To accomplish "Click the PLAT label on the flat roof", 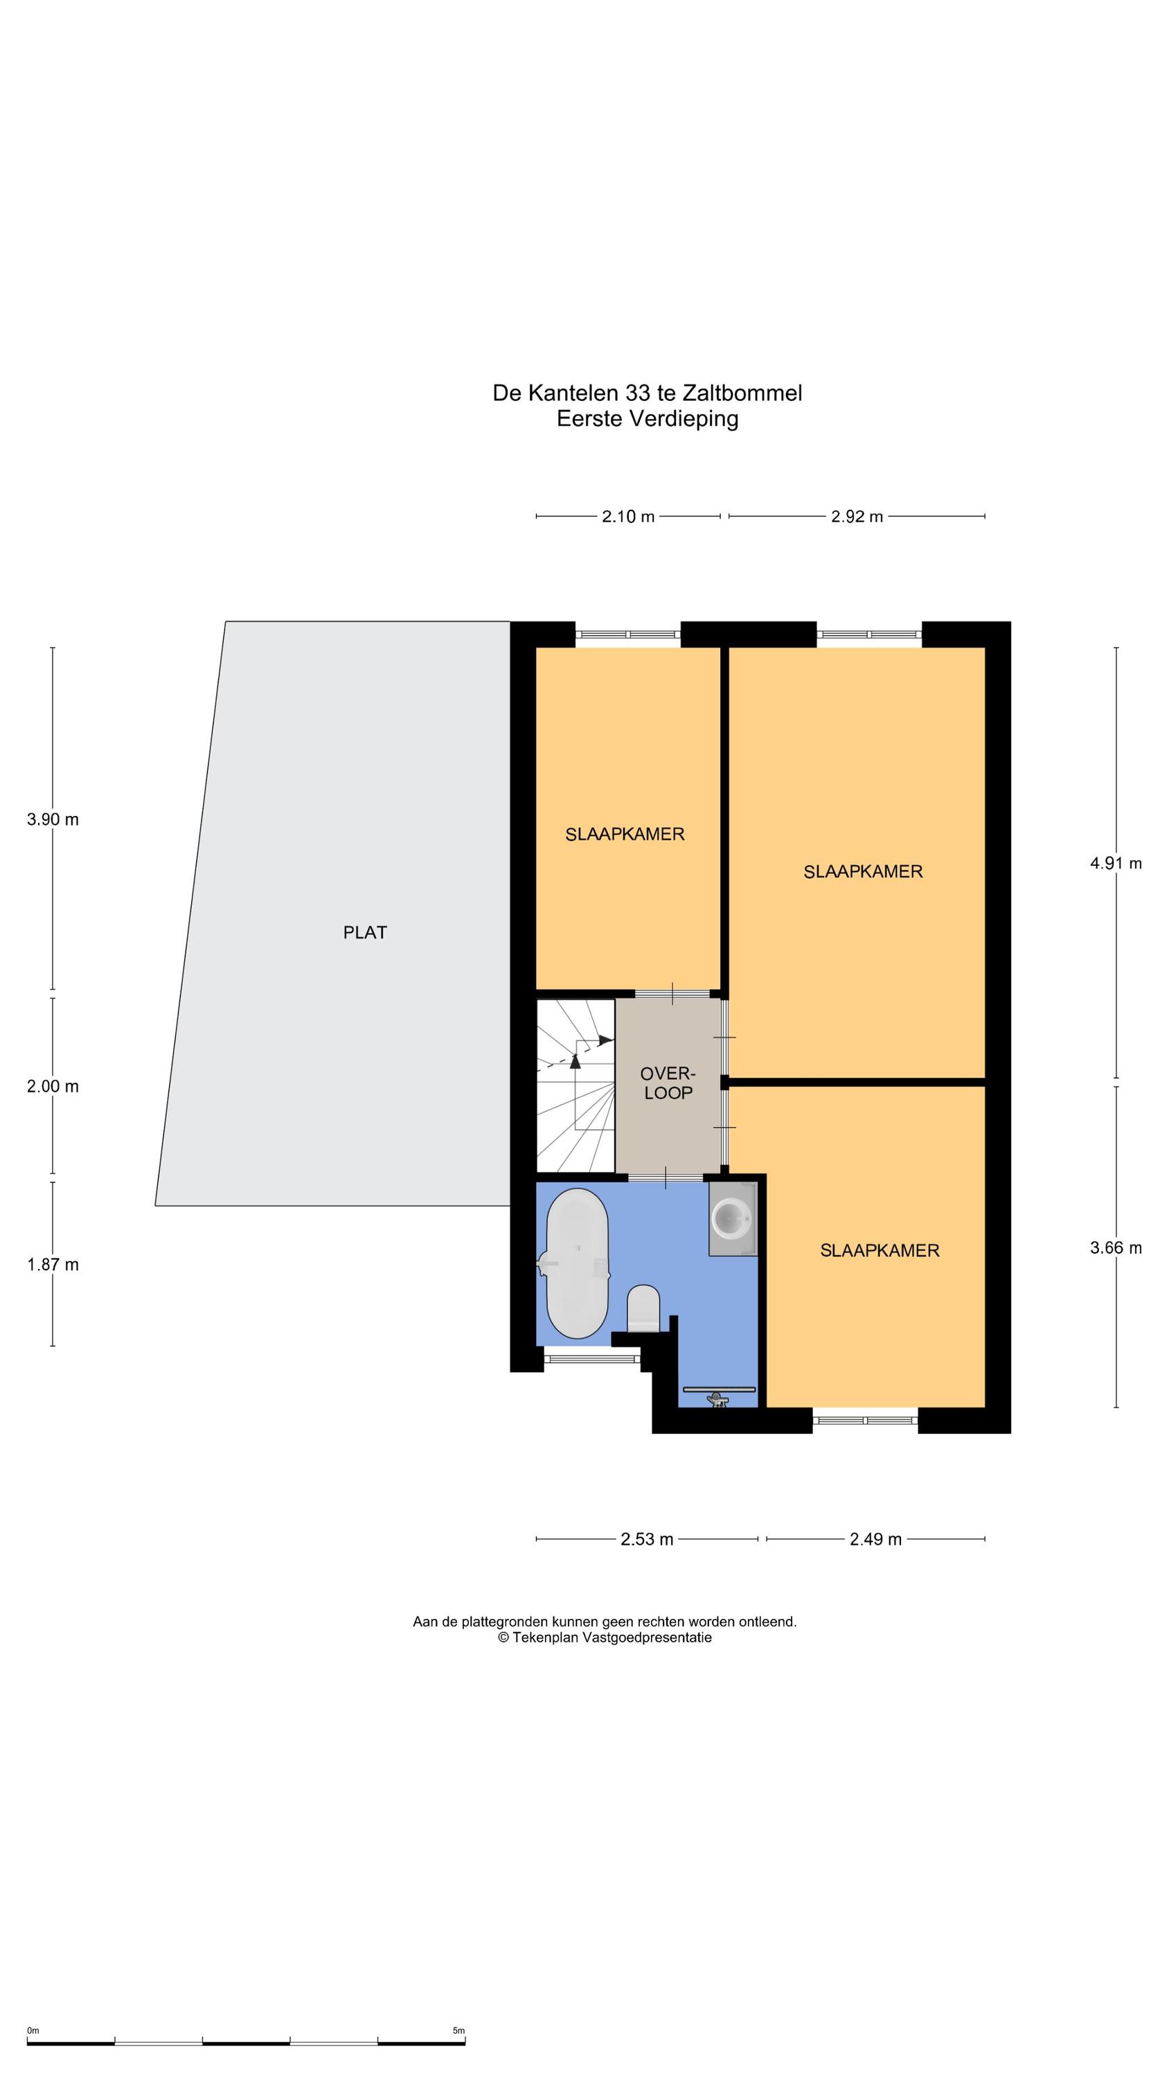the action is [x=365, y=932].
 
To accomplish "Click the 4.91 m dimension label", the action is [x=1116, y=863].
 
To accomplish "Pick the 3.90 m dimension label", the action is [x=53, y=819].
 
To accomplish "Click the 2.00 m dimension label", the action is [x=53, y=1087].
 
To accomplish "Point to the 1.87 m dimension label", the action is [x=53, y=1265].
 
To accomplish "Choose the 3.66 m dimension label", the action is [x=1116, y=1248].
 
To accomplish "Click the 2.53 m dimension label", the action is [x=646, y=1539].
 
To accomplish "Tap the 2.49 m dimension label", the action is [x=875, y=1539].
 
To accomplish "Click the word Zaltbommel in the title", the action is [x=742, y=393].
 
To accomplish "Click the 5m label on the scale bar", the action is [x=458, y=2030].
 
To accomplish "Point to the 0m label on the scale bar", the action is [x=33, y=2030].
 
